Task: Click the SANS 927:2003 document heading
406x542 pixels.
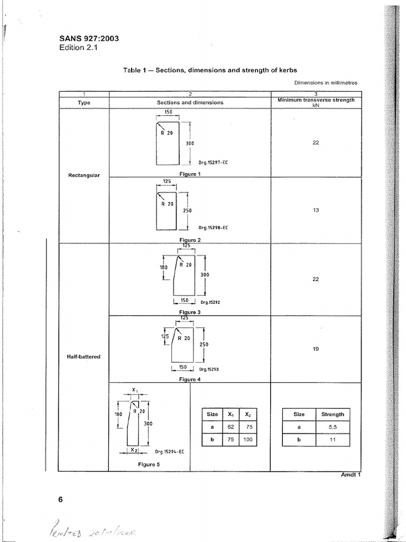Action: [x=90, y=39]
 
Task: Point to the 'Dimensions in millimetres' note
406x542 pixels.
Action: [x=326, y=83]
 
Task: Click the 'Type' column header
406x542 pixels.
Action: [x=84, y=103]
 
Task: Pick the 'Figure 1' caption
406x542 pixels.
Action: [x=189, y=174]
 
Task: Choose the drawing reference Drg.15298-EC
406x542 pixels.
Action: [x=213, y=228]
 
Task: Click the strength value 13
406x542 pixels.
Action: [x=316, y=210]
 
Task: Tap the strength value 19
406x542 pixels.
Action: [x=316, y=349]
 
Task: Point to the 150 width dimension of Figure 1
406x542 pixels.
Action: [x=168, y=112]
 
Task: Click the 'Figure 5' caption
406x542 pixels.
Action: [x=149, y=464]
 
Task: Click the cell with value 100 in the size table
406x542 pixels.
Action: [x=247, y=439]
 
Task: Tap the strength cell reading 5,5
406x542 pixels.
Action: [x=333, y=427]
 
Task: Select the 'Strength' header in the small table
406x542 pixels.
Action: [x=333, y=414]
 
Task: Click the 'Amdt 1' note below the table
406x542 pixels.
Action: [x=350, y=474]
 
